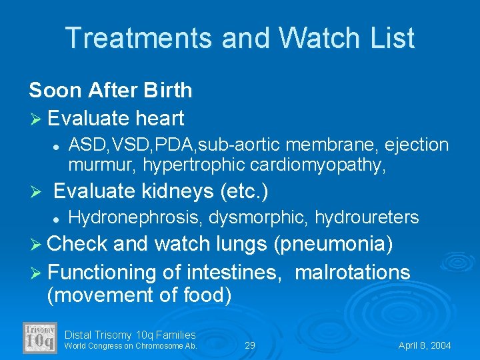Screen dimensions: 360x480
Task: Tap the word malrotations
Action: tap(352, 272)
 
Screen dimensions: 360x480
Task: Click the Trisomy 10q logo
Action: tap(40, 338)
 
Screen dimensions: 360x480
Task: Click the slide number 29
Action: tap(250, 346)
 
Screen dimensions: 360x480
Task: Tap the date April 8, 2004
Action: tap(425, 346)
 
